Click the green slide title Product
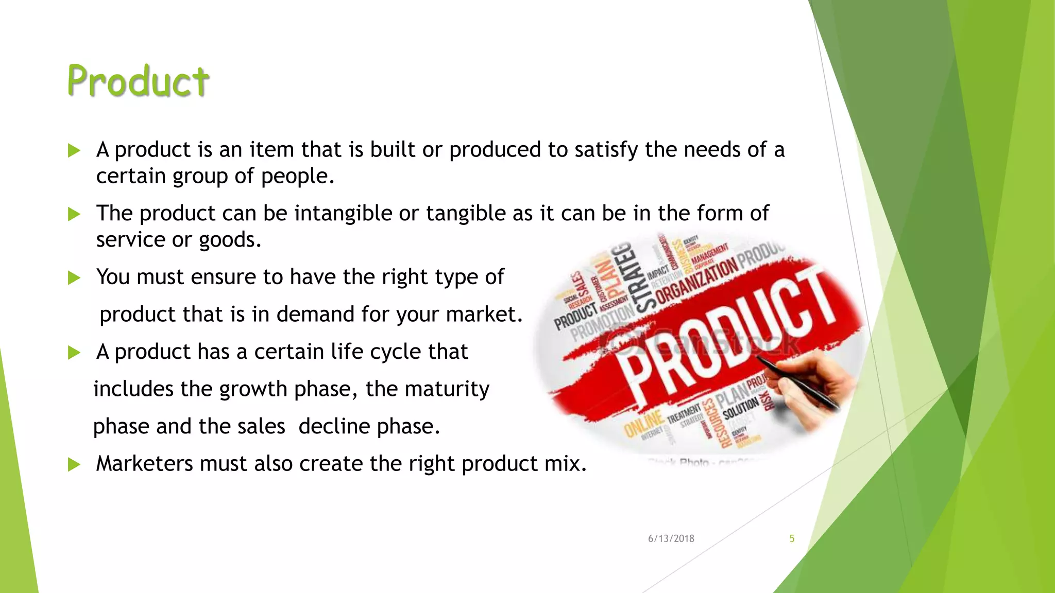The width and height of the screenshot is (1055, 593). tap(138, 81)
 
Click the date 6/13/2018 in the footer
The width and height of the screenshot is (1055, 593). tap(671, 538)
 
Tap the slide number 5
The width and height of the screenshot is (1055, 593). tap(792, 538)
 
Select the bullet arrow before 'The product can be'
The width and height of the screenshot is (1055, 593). tap(74, 214)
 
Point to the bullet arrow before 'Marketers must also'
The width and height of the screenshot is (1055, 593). tap(74, 465)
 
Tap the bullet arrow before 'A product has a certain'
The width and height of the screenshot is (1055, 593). tap(74, 353)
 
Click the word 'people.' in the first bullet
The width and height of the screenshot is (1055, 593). tap(298, 177)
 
